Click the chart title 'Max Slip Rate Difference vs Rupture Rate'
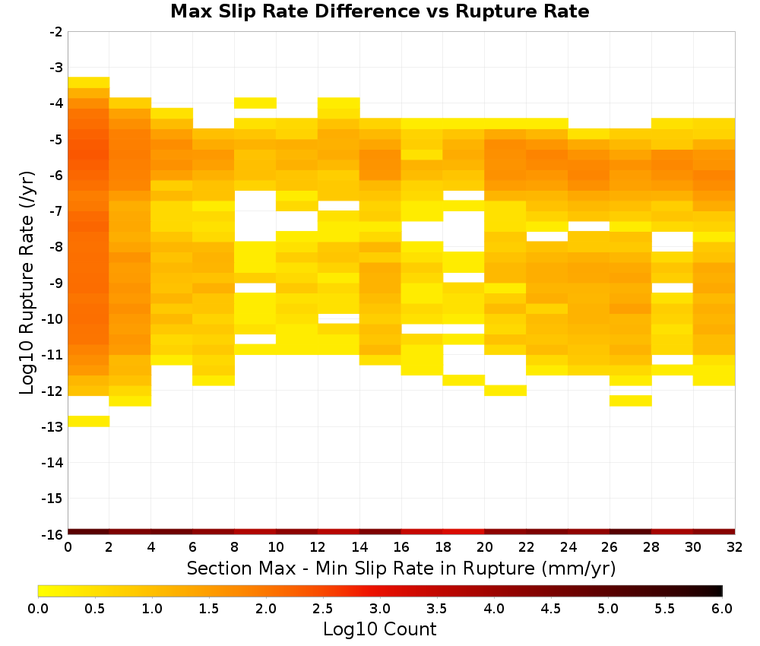point(379,11)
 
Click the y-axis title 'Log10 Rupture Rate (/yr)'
point(27,283)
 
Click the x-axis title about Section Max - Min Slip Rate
point(401,568)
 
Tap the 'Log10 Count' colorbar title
point(379,629)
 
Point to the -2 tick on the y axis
point(56,32)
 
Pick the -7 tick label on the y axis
point(56,211)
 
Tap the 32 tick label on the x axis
point(735,548)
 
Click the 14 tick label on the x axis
point(359,548)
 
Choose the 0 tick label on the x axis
point(68,548)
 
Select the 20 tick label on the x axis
point(485,548)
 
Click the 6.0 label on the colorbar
point(722,609)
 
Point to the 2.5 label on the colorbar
point(323,609)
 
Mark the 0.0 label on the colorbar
point(38,609)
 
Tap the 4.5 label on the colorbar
point(550,609)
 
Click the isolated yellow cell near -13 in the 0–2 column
point(89,421)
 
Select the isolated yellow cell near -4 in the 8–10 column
point(255,103)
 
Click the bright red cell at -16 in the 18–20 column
point(464,532)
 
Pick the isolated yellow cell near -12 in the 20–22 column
point(505,391)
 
